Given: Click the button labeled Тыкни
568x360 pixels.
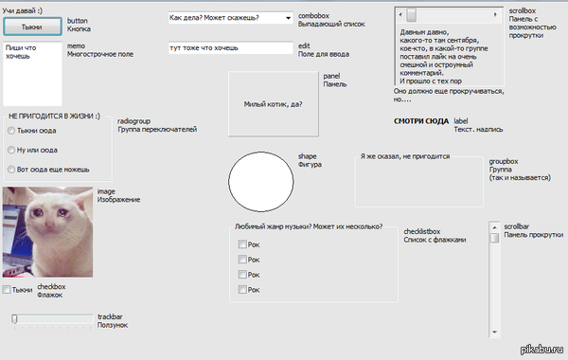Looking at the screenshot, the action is click(x=32, y=27).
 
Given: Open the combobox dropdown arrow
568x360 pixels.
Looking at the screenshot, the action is click(x=288, y=18).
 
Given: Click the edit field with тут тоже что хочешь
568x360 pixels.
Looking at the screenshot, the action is click(x=230, y=48).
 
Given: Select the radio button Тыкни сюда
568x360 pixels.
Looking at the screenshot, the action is click(x=11, y=131).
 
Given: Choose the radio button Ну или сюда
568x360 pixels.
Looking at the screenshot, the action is click(x=11, y=150).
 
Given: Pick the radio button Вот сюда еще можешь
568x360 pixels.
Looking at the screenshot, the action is click(x=11, y=170).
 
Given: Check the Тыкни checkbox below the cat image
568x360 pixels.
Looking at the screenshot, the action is click(x=7, y=289).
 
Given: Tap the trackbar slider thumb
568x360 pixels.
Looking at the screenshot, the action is click(x=14, y=319).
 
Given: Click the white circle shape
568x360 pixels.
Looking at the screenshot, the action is click(x=261, y=182).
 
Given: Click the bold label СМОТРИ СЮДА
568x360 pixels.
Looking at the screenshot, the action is click(x=421, y=121).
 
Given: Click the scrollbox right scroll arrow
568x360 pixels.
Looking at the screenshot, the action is click(x=495, y=14).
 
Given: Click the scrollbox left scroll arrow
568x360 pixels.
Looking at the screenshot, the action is click(x=400, y=14).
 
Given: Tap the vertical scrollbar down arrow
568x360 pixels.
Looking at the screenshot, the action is click(x=494, y=332).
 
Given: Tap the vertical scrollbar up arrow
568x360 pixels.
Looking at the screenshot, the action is click(x=494, y=227).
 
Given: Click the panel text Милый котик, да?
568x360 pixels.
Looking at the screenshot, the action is click(x=274, y=104).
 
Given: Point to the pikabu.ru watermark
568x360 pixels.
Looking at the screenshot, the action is click(x=541, y=349).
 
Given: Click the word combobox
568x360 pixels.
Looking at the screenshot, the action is click(x=313, y=15).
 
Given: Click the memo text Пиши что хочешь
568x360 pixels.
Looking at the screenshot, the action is click(x=21, y=52).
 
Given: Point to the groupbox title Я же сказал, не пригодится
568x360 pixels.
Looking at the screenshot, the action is click(x=405, y=156).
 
